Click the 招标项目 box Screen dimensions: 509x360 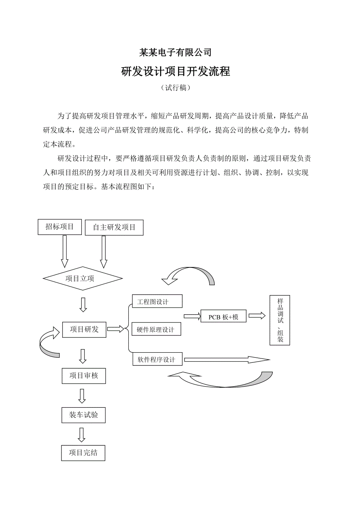click(59, 227)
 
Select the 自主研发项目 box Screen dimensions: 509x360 click(114, 228)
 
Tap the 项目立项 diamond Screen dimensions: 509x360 click(83, 278)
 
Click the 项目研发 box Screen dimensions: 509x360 click(84, 330)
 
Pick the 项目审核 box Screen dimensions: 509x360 click(83, 376)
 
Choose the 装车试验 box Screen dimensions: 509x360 click(83, 415)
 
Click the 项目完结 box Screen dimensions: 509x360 click(83, 453)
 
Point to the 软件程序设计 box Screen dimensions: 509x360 click(157, 359)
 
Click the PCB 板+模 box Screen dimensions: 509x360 click(223, 317)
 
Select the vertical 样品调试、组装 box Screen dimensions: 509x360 click(280, 320)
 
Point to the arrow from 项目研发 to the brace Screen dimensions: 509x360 click(115, 329)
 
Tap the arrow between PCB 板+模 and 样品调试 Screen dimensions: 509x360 click(257, 316)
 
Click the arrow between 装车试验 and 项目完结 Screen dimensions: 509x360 click(81, 434)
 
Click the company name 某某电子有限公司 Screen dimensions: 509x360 click(176, 52)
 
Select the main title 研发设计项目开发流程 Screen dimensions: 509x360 click(176, 72)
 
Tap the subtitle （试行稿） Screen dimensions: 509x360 click(176, 88)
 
